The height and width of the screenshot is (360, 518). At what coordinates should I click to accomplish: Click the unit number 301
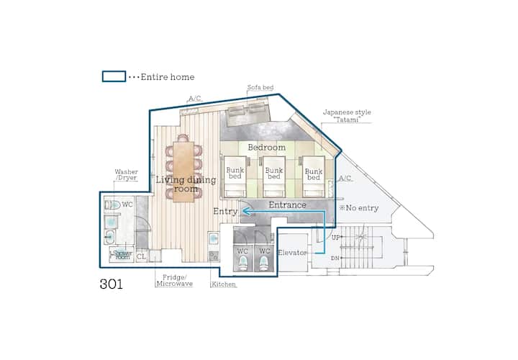[x=112, y=284]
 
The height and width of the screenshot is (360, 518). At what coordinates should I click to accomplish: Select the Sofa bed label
[x=260, y=87]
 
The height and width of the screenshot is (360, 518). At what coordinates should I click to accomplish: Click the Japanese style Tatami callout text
[x=347, y=116]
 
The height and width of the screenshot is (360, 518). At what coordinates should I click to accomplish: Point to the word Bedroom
[x=267, y=148]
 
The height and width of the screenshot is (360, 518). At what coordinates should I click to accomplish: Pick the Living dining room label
[x=186, y=184]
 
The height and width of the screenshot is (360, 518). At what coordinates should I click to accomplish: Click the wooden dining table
[x=183, y=171]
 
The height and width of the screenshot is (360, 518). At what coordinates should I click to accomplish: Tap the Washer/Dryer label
[x=126, y=175]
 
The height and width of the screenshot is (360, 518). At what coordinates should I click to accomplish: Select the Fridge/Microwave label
[x=174, y=281]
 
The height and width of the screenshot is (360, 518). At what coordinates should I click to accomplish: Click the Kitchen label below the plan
[x=224, y=284]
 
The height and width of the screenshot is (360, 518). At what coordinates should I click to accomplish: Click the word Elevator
[x=292, y=253]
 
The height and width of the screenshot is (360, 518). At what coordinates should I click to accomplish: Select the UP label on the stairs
[x=336, y=238]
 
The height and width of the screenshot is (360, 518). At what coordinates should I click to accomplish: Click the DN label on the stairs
[x=335, y=258]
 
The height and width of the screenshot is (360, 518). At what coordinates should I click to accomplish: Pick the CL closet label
[x=141, y=256]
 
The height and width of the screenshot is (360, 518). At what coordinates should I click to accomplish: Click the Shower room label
[x=122, y=255]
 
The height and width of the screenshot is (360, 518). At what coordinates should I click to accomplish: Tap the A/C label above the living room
[x=194, y=99]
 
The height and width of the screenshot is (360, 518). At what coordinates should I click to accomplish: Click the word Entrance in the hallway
[x=287, y=205]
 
